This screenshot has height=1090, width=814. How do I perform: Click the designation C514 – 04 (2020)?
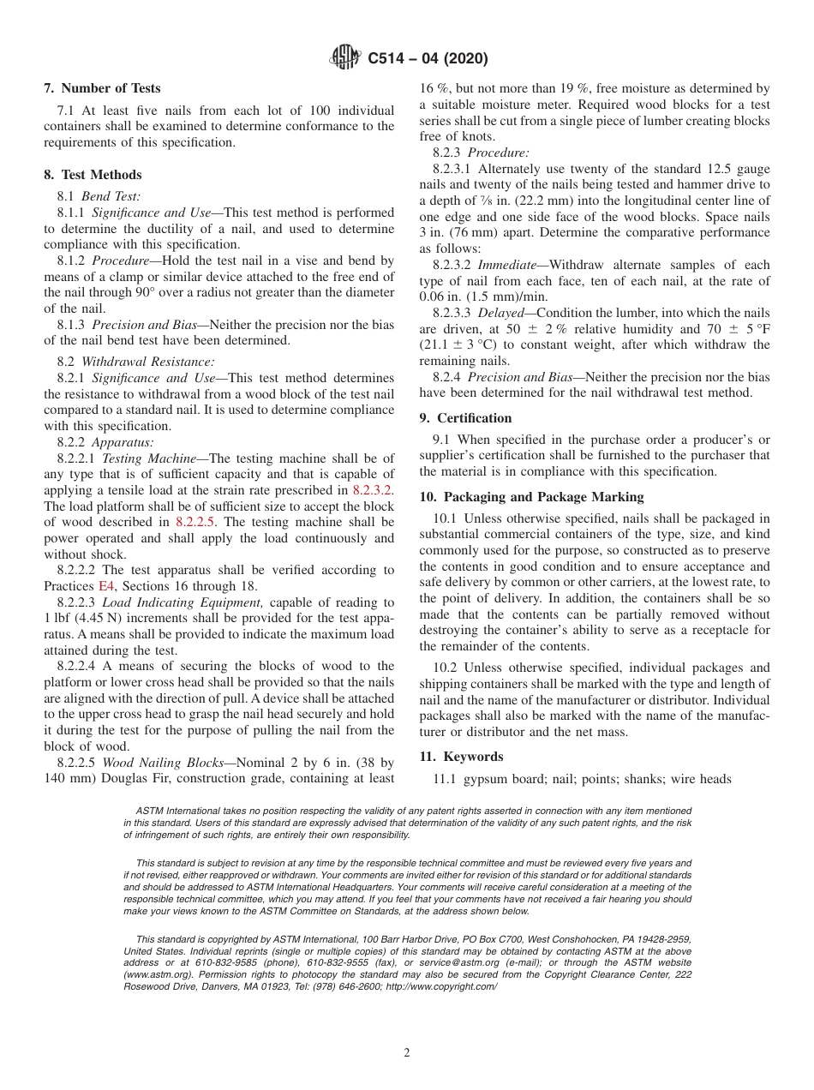(428, 59)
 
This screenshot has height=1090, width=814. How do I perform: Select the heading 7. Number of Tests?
(102, 88)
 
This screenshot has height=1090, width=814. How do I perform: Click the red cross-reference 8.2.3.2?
(373, 490)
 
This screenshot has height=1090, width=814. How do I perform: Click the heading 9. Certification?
(465, 418)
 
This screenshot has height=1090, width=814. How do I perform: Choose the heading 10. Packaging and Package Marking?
(531, 497)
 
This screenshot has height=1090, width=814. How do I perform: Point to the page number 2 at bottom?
(407, 1053)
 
